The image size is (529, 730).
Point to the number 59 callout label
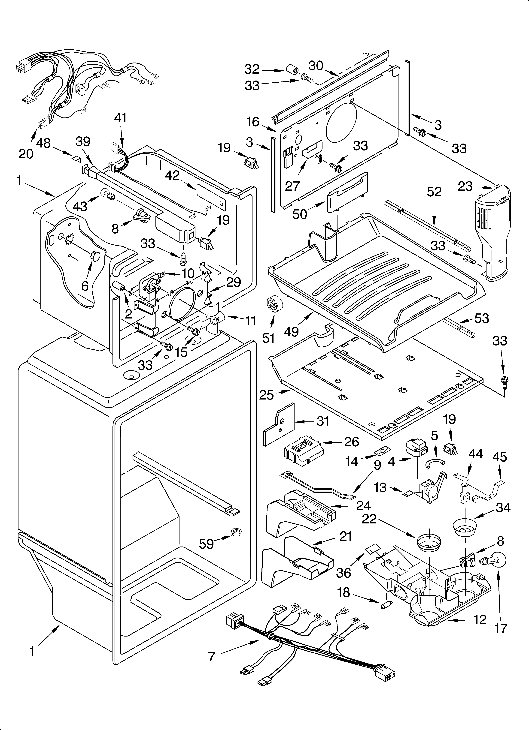[x=206, y=544]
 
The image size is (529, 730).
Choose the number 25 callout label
[x=266, y=395]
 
